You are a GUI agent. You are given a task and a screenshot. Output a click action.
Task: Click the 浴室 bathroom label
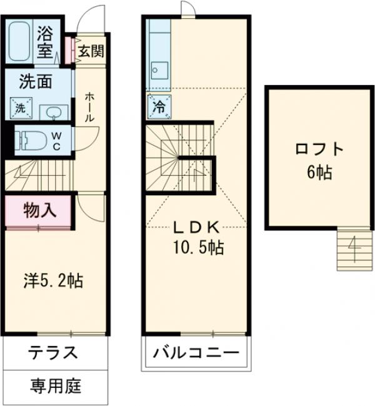pos(44,42)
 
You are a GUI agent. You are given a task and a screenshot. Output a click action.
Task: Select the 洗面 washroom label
pos(35,81)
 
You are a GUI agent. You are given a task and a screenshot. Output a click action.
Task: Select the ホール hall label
pos(90,109)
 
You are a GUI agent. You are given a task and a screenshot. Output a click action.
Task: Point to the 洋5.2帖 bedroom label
pos(54,280)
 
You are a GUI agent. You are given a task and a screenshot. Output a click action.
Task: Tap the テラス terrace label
pos(53,353)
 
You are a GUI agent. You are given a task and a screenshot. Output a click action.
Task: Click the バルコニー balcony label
pos(197,353)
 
